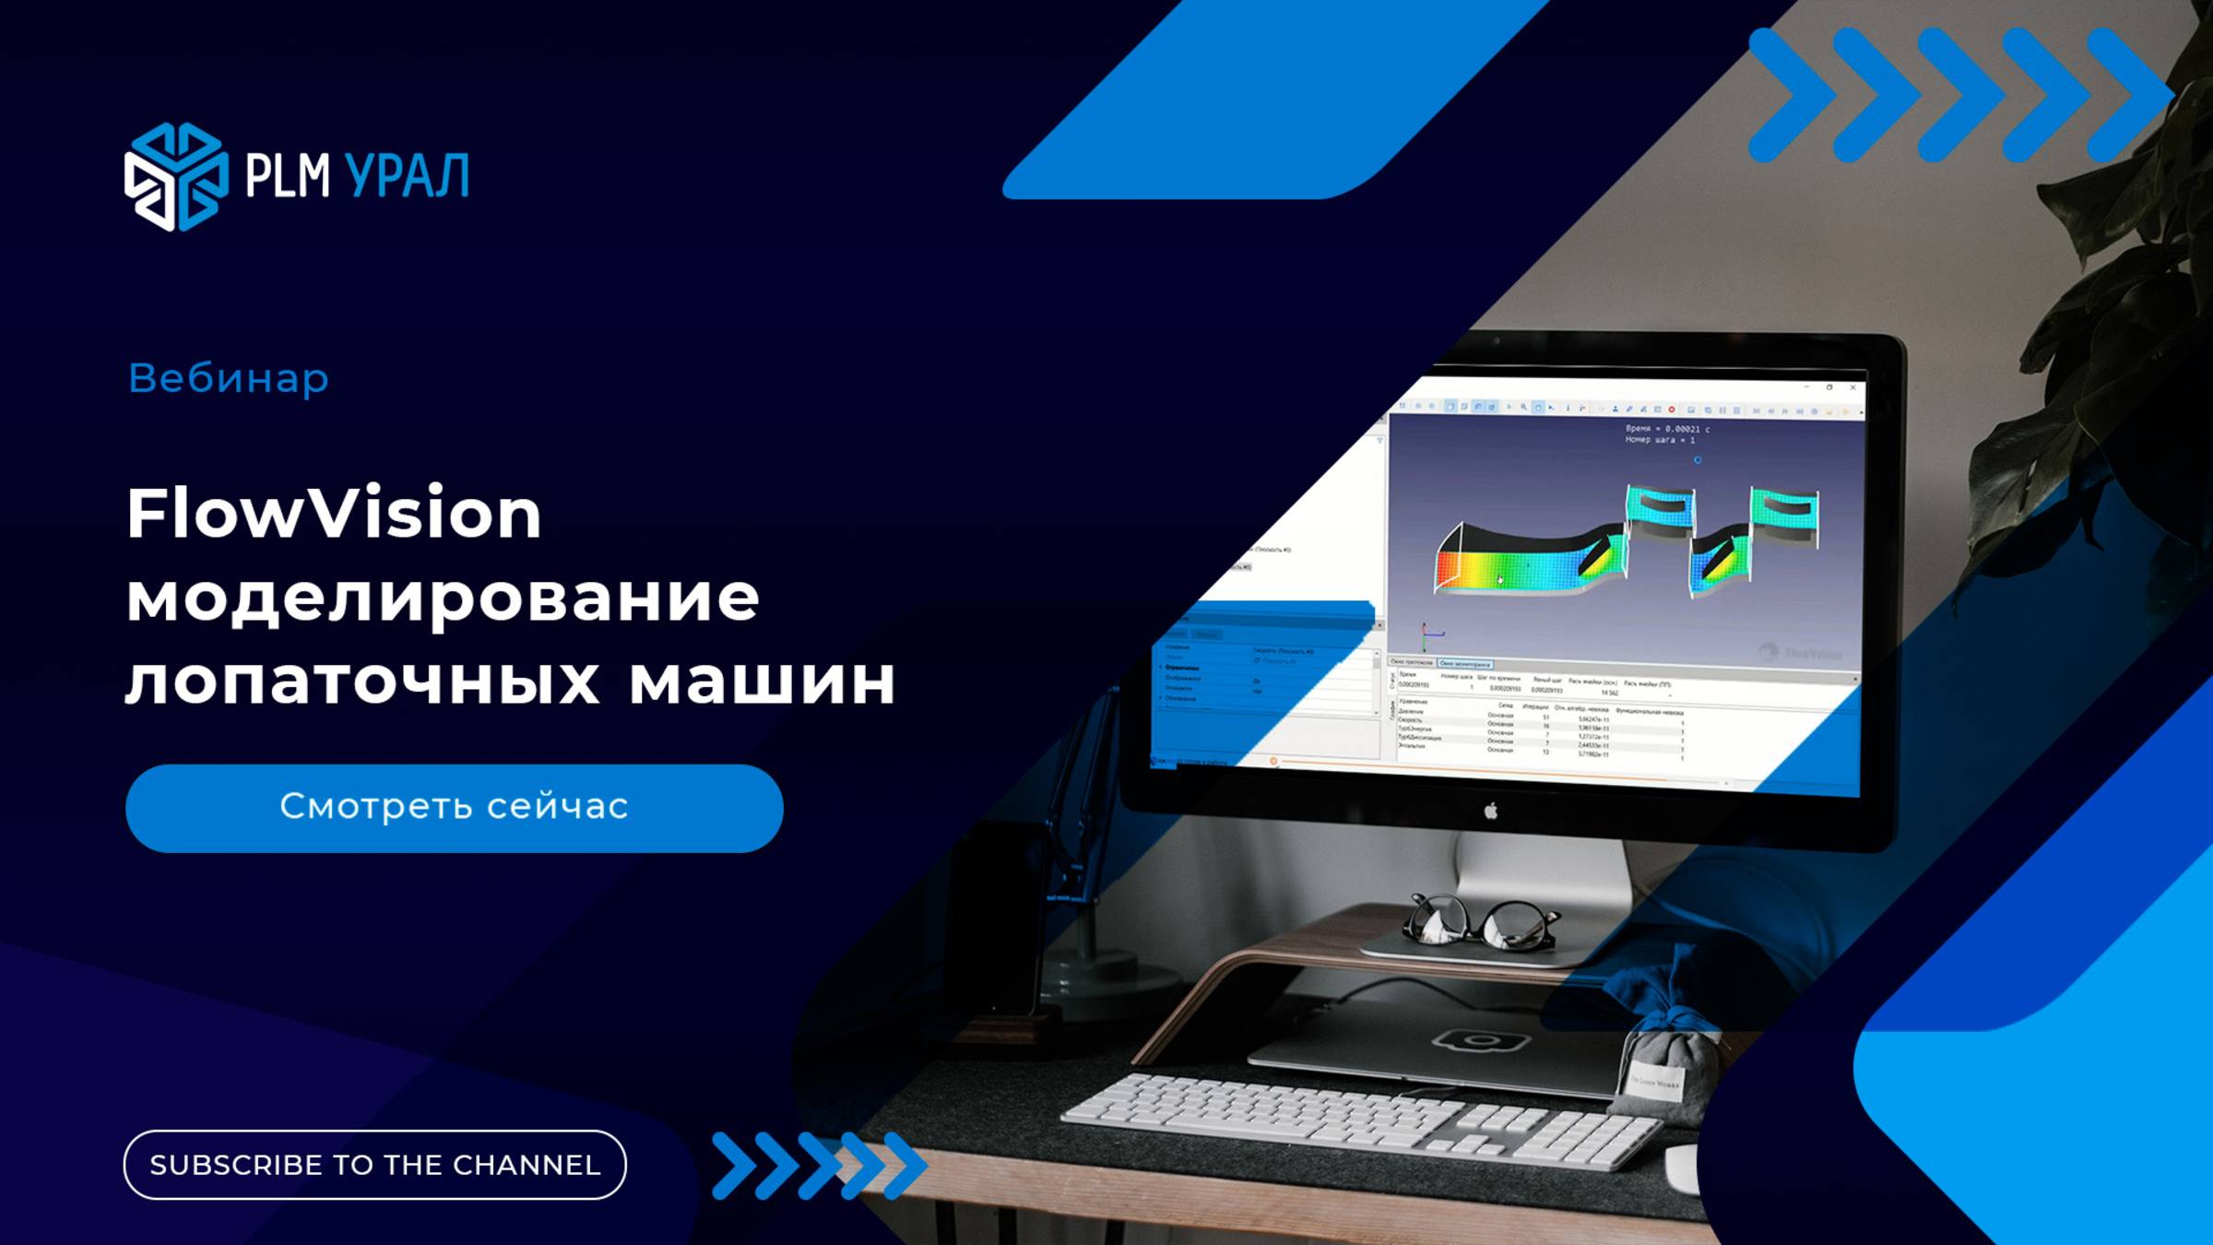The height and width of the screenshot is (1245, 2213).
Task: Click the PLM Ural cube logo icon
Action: [x=175, y=176]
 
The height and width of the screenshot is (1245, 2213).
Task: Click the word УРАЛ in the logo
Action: [x=407, y=176]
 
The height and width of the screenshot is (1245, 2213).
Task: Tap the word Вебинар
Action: [x=228, y=378]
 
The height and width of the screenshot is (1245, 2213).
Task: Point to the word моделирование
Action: [x=443, y=598]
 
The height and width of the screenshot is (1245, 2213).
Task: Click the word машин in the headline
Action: [x=762, y=682]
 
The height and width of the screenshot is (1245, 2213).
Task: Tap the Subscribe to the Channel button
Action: [x=374, y=1164]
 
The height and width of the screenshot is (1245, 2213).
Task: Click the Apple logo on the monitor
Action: [x=1490, y=811]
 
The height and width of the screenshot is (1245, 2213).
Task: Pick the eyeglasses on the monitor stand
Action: [x=1479, y=923]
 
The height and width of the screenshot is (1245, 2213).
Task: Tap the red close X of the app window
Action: [x=1852, y=388]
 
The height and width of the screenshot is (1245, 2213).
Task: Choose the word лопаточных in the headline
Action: [x=362, y=682]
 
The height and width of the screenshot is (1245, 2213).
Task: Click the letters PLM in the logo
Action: [x=287, y=176]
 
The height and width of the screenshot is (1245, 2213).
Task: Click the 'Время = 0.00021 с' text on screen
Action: [x=1667, y=429]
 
